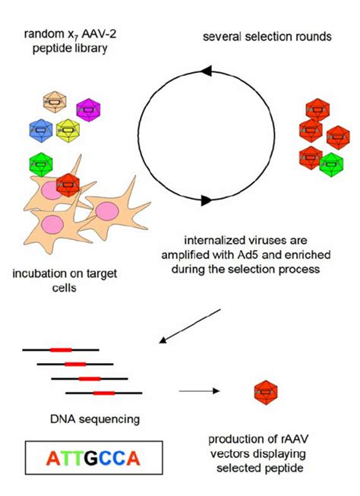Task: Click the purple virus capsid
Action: pyautogui.click(x=89, y=110)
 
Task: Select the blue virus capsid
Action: pyautogui.click(x=41, y=131)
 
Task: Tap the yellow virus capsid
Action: pyautogui.click(x=68, y=131)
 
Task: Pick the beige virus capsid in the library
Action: pyautogui.click(x=55, y=103)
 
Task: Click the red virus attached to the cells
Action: pyautogui.click(x=68, y=185)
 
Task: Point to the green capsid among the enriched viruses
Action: pyautogui.click(x=331, y=165)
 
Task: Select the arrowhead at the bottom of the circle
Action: pyautogui.click(x=207, y=201)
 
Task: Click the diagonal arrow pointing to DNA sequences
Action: pyautogui.click(x=189, y=326)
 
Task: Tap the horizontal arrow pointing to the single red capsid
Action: pyautogui.click(x=199, y=391)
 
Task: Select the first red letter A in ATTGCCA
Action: pyautogui.click(x=53, y=458)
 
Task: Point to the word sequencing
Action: pyautogui.click(x=109, y=419)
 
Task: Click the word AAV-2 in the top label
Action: pyautogui.click(x=99, y=34)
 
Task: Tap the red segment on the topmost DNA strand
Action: pyautogui.click(x=61, y=350)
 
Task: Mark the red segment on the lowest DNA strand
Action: pyautogui.click(x=104, y=393)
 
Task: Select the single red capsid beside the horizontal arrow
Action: pyautogui.click(x=266, y=393)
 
